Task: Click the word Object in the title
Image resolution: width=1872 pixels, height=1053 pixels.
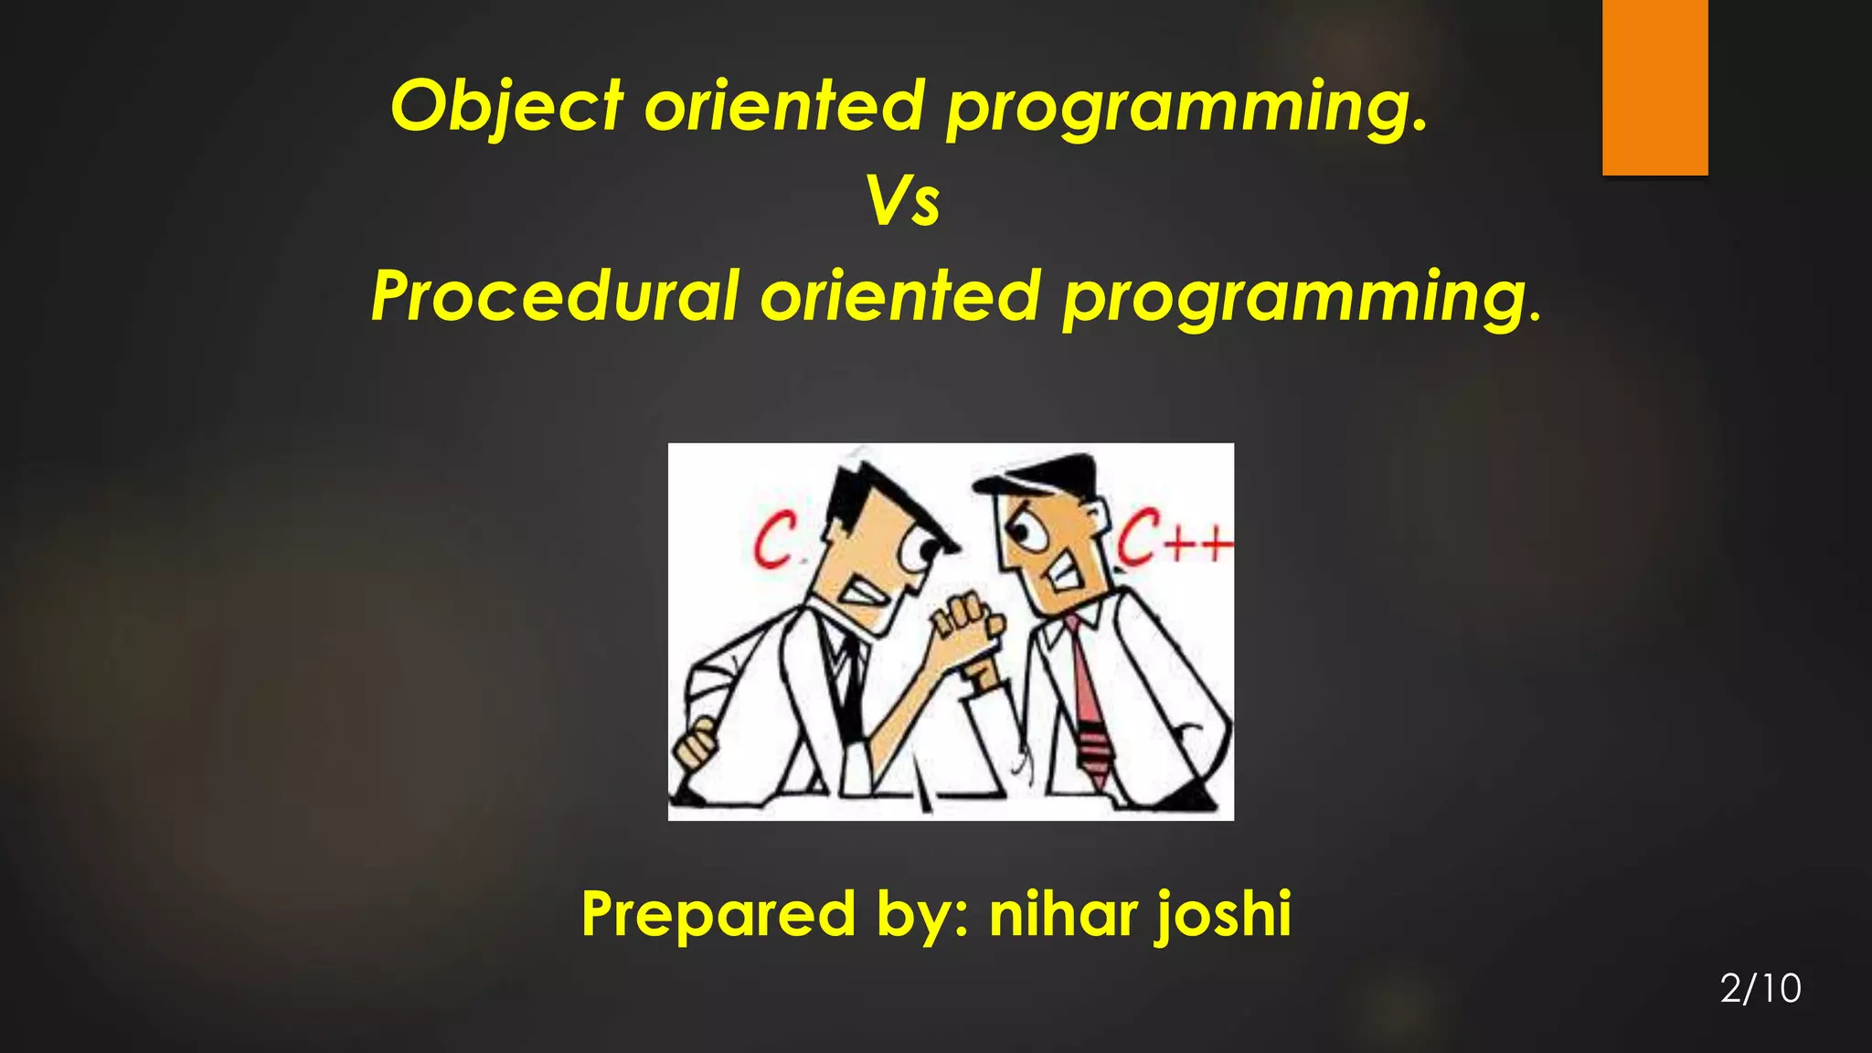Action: coord(507,106)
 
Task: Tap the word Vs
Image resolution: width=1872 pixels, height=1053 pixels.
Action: coord(902,201)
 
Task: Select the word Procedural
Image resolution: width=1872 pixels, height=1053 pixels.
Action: coord(555,297)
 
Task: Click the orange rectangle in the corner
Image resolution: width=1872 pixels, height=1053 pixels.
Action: coord(1654,87)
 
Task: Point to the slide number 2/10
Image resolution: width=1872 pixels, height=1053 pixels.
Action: coord(1760,989)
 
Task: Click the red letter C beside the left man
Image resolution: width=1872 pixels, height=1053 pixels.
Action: coord(775,540)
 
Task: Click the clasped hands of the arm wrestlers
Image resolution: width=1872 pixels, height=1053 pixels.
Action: coord(964,626)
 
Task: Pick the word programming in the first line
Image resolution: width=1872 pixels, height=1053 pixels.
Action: coord(1186,108)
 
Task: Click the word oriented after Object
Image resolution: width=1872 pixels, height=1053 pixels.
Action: coord(784,106)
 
